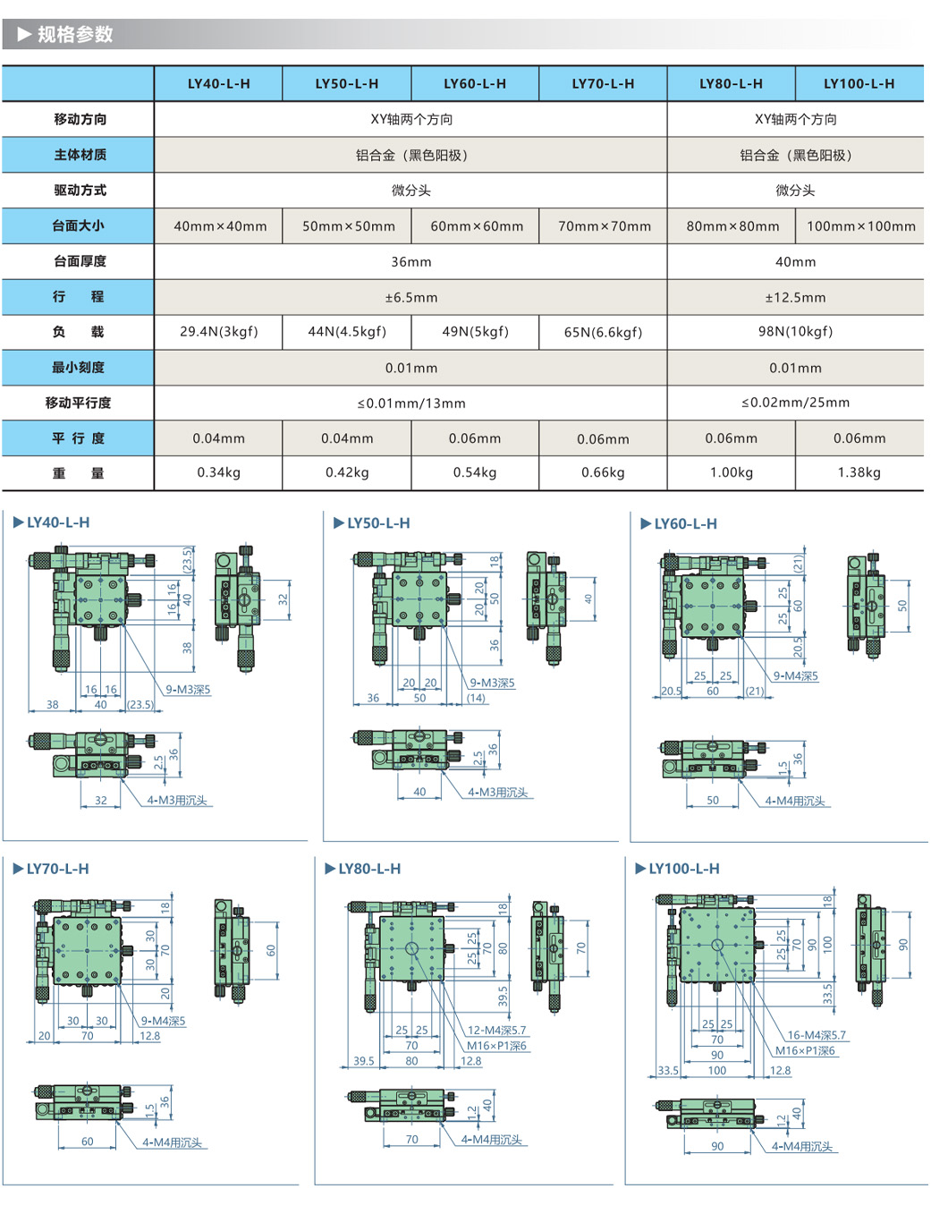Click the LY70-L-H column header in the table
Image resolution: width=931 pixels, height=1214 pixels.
[603, 84]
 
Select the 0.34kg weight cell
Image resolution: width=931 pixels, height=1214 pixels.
[219, 472]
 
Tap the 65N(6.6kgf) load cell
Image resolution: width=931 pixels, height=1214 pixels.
[603, 332]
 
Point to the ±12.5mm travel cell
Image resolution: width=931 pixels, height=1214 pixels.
[795, 297]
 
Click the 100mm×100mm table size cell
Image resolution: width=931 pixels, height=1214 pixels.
[860, 226]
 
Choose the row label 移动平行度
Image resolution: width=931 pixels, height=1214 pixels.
[79, 403]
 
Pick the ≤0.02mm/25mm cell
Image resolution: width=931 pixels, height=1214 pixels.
[795, 403]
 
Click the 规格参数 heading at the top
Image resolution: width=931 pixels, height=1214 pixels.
[75, 35]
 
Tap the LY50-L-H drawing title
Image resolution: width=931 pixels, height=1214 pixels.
[378, 523]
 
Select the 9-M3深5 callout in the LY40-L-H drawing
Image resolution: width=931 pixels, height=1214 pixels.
[188, 690]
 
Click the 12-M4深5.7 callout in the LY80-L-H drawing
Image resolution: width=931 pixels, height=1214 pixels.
[496, 1031]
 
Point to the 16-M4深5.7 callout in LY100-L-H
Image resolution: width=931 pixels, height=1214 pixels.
[816, 1035]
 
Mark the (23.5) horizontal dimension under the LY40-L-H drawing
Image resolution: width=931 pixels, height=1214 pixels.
[140, 705]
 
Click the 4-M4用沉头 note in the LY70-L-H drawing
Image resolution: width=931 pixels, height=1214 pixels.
[173, 1142]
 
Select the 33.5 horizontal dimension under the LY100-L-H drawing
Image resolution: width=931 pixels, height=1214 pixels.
[667, 1070]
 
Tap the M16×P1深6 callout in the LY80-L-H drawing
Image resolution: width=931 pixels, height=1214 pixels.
[496, 1046]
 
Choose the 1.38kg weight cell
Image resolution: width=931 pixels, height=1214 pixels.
[859, 472]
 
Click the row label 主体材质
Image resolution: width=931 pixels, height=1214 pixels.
[80, 155]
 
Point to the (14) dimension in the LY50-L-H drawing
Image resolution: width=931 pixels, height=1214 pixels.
[476, 699]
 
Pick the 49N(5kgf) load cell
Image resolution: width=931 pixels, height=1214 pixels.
[475, 332]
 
